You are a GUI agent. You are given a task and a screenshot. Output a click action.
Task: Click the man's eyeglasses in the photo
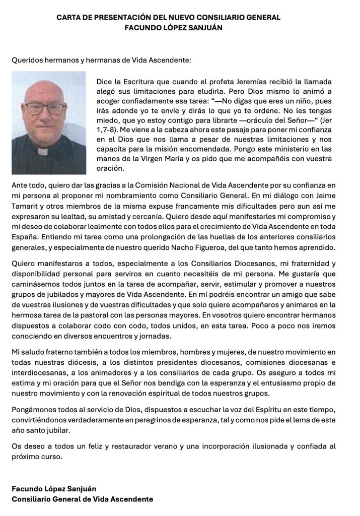point(45,108)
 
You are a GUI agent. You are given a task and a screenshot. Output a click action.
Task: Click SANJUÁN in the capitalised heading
point(199,28)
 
